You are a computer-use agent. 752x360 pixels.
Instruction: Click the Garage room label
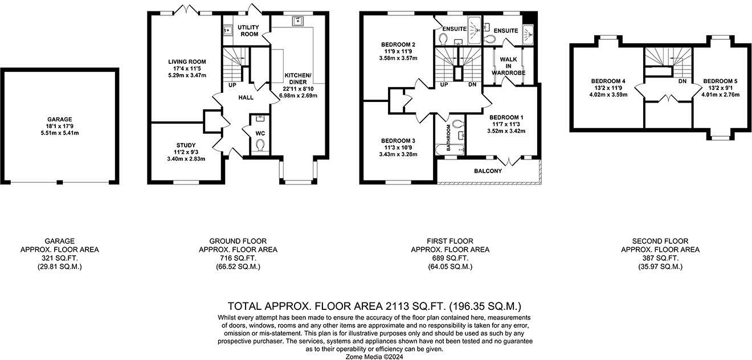pyautogui.click(x=59, y=119)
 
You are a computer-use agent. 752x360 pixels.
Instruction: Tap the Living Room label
pyautogui.click(x=187, y=62)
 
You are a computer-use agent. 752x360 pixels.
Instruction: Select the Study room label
pyautogui.click(x=186, y=145)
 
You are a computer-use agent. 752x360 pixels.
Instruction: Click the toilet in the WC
pyautogui.click(x=260, y=146)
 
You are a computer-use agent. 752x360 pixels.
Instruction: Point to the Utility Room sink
pyautogui.click(x=228, y=30)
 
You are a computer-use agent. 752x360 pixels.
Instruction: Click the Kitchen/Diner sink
pyautogui.click(x=298, y=22)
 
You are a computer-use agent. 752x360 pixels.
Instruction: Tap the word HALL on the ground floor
pyautogui.click(x=246, y=97)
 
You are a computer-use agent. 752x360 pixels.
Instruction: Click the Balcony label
pyautogui.click(x=488, y=171)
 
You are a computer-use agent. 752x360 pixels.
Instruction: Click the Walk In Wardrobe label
pyautogui.click(x=508, y=66)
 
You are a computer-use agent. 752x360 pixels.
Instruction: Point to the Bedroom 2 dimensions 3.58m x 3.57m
pyautogui.click(x=398, y=58)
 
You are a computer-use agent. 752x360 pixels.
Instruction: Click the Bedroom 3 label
pyautogui.click(x=398, y=141)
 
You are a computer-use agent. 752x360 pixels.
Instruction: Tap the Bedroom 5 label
pyautogui.click(x=721, y=81)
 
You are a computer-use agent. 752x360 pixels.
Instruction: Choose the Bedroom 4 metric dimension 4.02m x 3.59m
pyautogui.click(x=608, y=95)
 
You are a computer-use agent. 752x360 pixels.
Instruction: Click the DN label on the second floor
pyautogui.click(x=682, y=81)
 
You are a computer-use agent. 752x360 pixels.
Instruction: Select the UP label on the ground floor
pyautogui.click(x=232, y=85)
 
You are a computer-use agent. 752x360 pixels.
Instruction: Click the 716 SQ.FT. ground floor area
pyautogui.click(x=238, y=258)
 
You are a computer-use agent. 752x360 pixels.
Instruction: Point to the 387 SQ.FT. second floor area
pyautogui.click(x=660, y=258)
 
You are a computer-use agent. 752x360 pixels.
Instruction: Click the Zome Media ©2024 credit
pyautogui.click(x=374, y=357)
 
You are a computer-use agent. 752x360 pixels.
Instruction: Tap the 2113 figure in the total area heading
pyautogui.click(x=398, y=306)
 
